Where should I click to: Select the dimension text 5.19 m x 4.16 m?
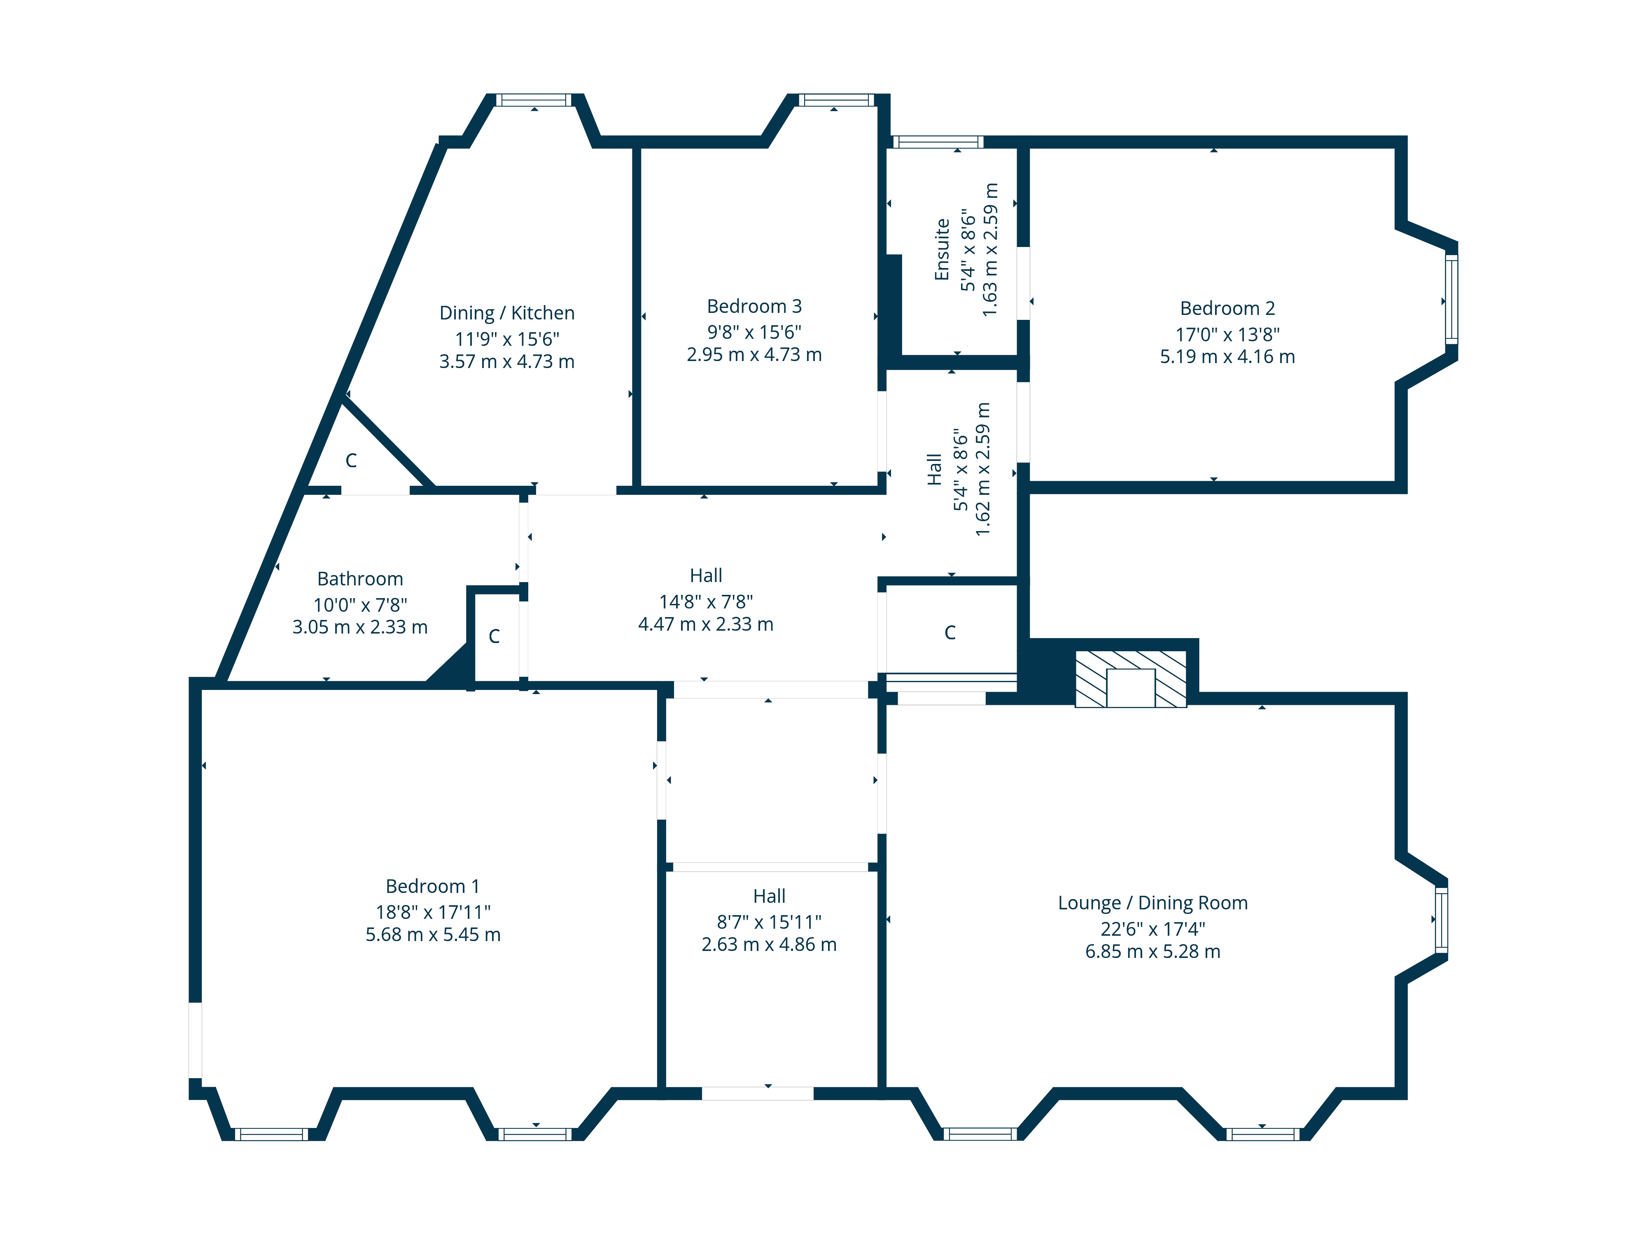point(1227,357)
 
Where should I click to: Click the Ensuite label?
point(942,249)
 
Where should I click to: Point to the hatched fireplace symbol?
point(1130,679)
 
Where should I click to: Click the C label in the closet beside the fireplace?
point(949,633)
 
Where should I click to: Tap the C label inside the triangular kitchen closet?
point(351,461)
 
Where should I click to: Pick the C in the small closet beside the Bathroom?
point(494,636)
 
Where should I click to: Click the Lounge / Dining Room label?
point(1152,902)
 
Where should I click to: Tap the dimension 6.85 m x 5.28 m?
point(1152,951)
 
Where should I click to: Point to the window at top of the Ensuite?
point(938,142)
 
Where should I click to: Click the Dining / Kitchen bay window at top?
point(534,100)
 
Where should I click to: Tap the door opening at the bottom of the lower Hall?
point(757,1093)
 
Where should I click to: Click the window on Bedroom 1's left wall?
point(195,1040)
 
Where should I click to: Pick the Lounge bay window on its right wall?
point(1442,920)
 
